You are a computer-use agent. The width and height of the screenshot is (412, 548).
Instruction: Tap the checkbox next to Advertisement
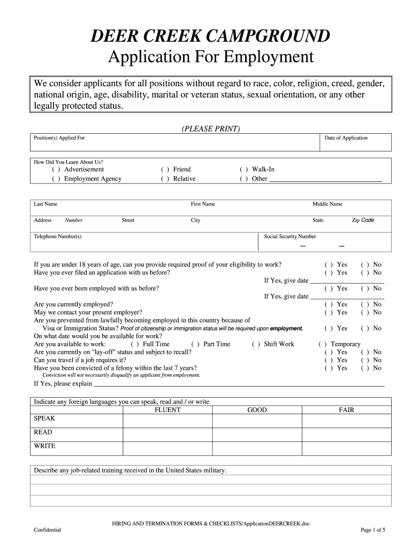click(x=56, y=170)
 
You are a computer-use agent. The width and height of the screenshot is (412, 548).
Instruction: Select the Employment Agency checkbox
click(x=56, y=179)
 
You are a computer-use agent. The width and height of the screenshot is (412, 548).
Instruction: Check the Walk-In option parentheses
click(x=243, y=170)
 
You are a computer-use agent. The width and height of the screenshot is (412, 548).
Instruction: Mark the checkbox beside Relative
click(x=165, y=179)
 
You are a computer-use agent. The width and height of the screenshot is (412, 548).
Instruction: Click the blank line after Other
click(x=325, y=180)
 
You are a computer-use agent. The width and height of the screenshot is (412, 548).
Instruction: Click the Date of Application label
click(x=346, y=138)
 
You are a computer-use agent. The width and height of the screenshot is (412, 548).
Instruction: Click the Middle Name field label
click(x=327, y=204)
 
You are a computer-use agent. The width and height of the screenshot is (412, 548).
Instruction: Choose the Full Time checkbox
click(x=135, y=344)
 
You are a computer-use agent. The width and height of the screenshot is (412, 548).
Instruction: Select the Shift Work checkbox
click(x=256, y=344)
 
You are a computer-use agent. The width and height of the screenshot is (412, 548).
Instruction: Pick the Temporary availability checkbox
click(x=323, y=344)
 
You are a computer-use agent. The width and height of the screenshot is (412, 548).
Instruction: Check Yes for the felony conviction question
click(x=329, y=368)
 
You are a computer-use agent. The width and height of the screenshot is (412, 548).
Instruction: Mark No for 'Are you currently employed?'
click(x=365, y=304)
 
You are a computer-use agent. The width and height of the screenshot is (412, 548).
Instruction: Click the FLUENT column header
click(x=167, y=410)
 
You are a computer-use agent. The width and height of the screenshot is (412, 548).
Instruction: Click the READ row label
click(x=43, y=432)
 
